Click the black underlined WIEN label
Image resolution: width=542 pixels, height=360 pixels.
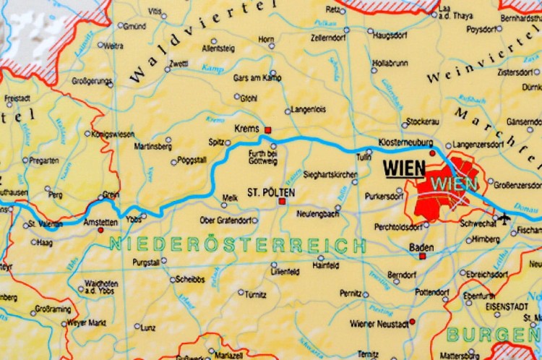click(x=404, y=168)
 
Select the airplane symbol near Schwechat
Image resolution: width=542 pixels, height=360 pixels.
click(x=504, y=215)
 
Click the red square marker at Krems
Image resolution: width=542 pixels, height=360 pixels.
click(x=268, y=130)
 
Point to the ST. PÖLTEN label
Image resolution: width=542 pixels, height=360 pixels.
click(x=263, y=193)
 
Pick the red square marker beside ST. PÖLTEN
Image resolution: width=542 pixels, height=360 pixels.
click(x=283, y=202)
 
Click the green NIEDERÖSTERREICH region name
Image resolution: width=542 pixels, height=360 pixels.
click(x=238, y=244)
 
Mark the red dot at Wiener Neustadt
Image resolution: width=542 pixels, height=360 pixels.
click(x=412, y=322)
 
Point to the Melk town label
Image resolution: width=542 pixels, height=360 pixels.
click(x=231, y=197)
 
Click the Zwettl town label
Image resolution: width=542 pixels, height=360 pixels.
click(x=178, y=63)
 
